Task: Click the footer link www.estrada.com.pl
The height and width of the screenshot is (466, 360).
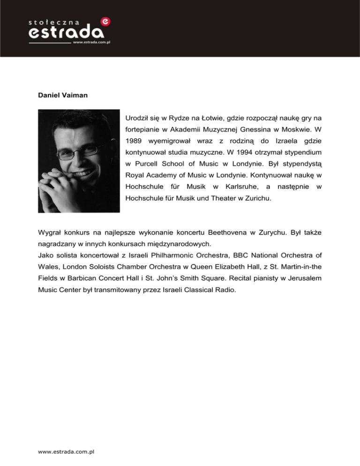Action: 66,451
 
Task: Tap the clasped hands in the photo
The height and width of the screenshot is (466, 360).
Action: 70,185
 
